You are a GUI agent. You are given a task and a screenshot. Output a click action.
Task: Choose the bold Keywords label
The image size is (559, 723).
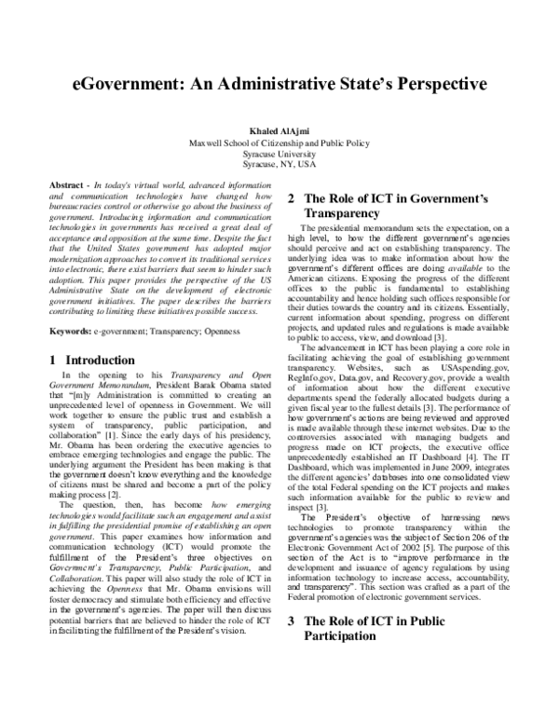point(73,305)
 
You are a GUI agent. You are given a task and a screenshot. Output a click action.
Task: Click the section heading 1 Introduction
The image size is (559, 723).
point(94,333)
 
